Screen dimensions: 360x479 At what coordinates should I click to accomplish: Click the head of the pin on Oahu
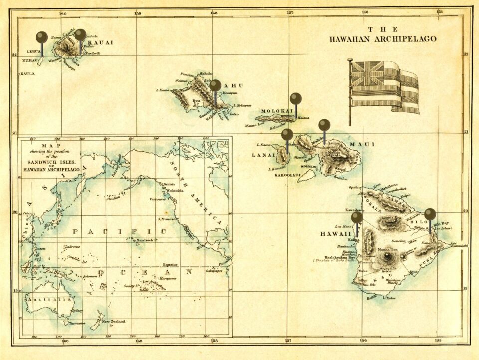[x=215, y=85]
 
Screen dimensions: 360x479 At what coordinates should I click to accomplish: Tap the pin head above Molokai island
[x=296, y=98]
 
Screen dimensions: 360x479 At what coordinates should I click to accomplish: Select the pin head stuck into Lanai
[x=287, y=134]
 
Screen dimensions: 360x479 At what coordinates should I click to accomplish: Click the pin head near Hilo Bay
[x=430, y=214]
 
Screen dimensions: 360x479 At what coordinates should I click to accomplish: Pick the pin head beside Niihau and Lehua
[x=42, y=37]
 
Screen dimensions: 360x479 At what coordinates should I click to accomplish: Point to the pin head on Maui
[x=324, y=124]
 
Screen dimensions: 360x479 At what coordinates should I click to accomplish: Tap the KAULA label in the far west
[x=27, y=74]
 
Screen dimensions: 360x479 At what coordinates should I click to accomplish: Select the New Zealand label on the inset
[x=114, y=322]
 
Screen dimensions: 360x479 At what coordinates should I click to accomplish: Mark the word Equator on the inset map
[x=170, y=264]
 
